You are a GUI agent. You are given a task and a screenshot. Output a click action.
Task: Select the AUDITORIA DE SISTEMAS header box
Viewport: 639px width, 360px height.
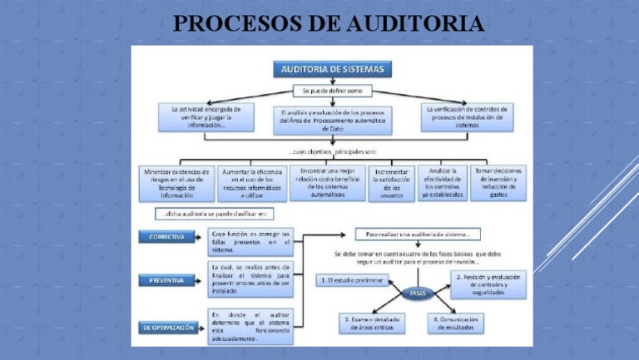point(332,70)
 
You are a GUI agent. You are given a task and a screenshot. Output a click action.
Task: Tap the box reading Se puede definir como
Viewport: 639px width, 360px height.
point(332,91)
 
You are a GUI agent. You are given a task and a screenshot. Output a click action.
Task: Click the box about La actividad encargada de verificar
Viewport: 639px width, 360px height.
point(206,117)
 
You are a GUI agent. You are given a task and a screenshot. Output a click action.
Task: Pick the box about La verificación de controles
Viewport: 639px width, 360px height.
point(467,117)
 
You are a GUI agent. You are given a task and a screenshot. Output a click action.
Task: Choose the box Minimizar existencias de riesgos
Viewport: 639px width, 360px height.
point(175,183)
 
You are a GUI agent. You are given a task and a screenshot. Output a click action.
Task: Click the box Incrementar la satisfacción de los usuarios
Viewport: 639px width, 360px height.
point(391,183)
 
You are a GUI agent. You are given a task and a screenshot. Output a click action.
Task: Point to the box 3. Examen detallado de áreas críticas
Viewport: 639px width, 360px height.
point(372,322)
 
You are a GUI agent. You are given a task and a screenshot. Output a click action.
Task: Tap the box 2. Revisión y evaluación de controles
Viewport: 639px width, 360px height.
point(483,284)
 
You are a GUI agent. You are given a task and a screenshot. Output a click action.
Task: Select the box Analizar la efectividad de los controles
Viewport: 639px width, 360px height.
point(442,182)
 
